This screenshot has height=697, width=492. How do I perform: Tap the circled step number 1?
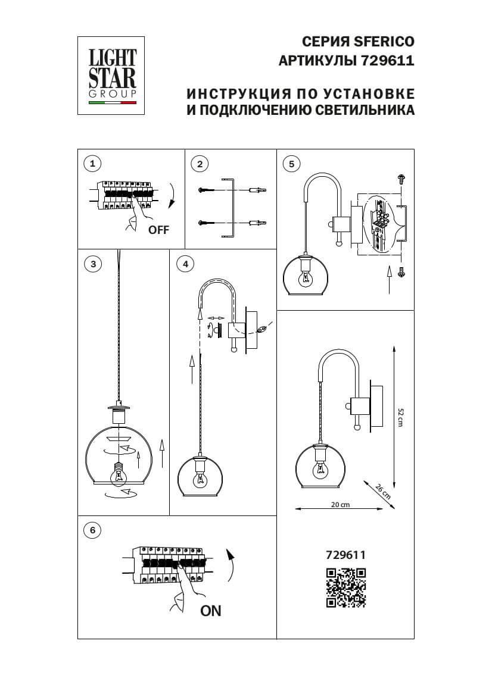pyautogui.click(x=92, y=163)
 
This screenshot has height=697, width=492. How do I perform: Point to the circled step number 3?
pyautogui.click(x=92, y=264)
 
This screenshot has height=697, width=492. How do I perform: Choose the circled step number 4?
pyautogui.click(x=186, y=264)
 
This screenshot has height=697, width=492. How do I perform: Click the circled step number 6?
pyautogui.click(x=92, y=530)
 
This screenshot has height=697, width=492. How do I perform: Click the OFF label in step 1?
pyautogui.click(x=158, y=230)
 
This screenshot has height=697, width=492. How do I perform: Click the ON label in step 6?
pyautogui.click(x=210, y=611)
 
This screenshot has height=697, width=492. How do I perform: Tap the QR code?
pyautogui.click(x=345, y=587)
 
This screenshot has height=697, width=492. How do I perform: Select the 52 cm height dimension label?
pyautogui.click(x=400, y=417)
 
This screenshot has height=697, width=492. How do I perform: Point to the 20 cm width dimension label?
pyautogui.click(x=340, y=504)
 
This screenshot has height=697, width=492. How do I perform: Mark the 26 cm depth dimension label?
pyautogui.click(x=383, y=492)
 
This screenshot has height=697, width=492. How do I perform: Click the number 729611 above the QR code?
pyautogui.click(x=345, y=554)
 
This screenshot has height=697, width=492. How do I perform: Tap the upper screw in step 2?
pyautogui.click(x=204, y=189)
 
